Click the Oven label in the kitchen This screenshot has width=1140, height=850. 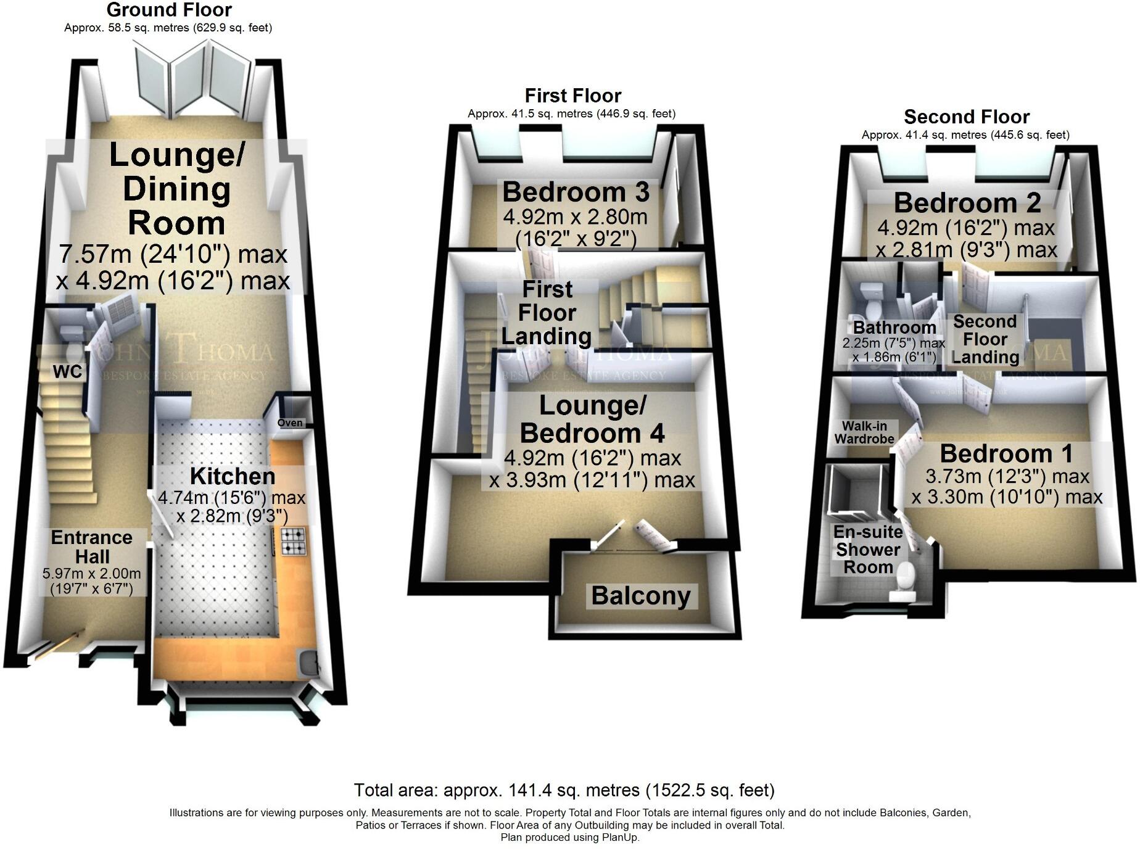290,423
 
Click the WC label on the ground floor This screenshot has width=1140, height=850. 67,372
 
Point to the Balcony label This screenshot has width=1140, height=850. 641,596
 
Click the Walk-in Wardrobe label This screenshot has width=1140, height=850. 864,432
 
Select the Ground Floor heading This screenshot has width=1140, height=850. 169,10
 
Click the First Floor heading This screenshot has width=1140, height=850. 572,96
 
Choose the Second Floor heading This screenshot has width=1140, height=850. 967,117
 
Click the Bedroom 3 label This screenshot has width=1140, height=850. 576,192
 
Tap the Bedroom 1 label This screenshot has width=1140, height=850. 1006,454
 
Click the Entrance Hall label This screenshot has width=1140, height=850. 91,547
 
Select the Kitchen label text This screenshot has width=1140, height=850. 233,476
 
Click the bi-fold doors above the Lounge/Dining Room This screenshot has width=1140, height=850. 192,77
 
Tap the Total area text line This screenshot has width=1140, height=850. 564,790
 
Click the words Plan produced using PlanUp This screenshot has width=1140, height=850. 570,837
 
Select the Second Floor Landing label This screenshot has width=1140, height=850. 985,339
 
